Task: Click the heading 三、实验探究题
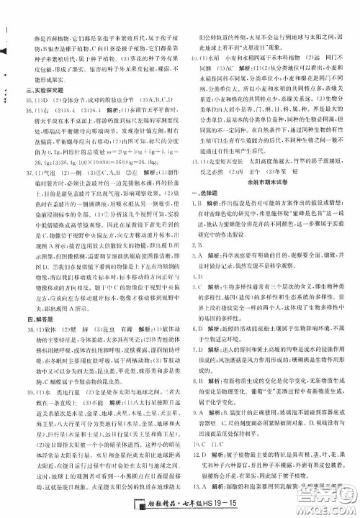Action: tap(48, 110)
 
